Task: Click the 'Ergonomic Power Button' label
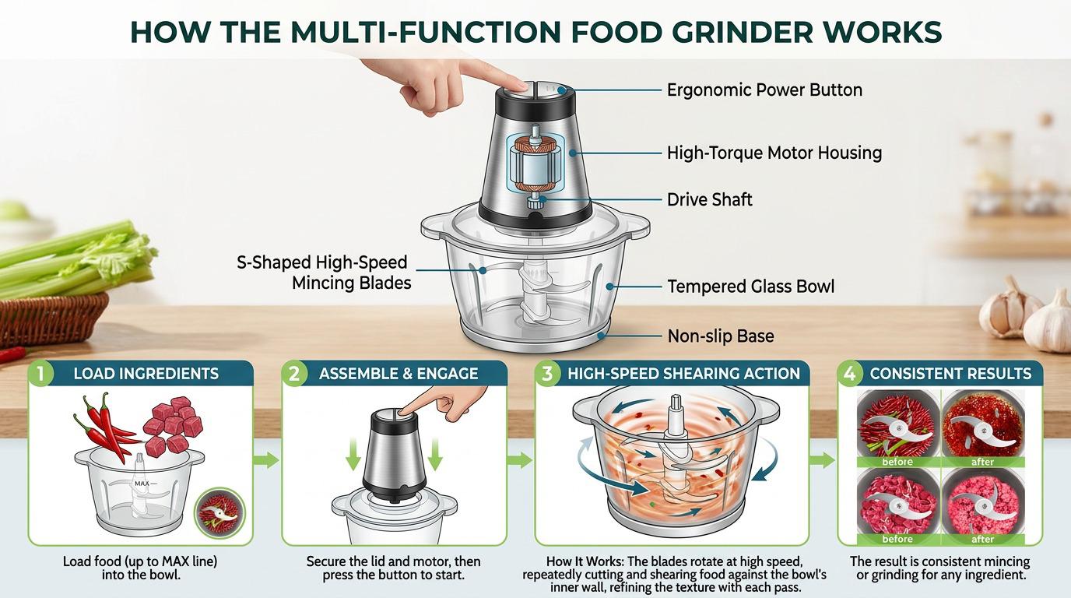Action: tap(764, 90)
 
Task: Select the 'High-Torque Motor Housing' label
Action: tap(774, 153)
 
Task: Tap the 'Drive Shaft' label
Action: tap(710, 199)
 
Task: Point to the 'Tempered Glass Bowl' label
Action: tap(750, 287)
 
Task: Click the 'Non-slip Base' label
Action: tap(721, 336)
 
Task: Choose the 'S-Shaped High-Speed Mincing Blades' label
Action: tap(324, 273)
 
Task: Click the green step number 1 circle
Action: tap(41, 373)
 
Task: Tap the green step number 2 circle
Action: tap(294, 373)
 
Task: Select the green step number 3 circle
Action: tap(548, 373)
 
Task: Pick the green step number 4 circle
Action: tap(850, 373)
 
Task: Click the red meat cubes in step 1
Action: tap(173, 424)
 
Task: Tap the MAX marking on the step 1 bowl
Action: tap(142, 484)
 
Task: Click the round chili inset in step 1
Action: tap(219, 513)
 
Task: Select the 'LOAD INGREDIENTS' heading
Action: tap(146, 374)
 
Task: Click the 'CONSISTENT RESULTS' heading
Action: tap(950, 374)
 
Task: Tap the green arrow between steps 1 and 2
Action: tap(266, 460)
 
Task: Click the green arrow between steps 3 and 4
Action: tap(822, 460)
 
